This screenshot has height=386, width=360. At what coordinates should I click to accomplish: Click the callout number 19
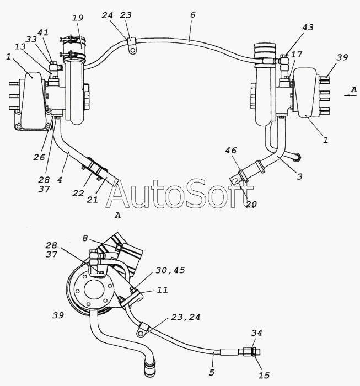pyautogui.click(x=78, y=18)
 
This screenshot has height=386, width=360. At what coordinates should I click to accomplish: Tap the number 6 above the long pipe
pyautogui.click(x=192, y=15)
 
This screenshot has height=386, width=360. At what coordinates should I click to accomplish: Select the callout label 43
pyautogui.click(x=308, y=27)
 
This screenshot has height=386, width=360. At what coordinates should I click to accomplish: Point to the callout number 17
pyautogui.click(x=297, y=54)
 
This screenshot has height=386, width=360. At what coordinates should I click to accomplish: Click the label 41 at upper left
pyautogui.click(x=43, y=33)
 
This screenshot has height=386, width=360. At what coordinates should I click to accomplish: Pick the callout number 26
pyautogui.click(x=39, y=157)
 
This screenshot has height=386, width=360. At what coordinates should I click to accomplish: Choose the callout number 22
pyautogui.click(x=78, y=193)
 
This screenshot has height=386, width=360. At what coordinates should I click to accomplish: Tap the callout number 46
pyautogui.click(x=231, y=150)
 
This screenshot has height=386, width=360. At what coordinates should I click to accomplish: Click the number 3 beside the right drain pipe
pyautogui.click(x=299, y=176)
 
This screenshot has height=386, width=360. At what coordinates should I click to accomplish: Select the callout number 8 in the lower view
pyautogui.click(x=85, y=238)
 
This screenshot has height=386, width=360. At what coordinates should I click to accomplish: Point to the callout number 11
pyautogui.click(x=163, y=289)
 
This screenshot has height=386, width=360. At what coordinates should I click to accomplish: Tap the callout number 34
pyautogui.click(x=257, y=333)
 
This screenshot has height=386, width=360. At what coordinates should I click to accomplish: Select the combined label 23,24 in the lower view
pyautogui.click(x=186, y=317)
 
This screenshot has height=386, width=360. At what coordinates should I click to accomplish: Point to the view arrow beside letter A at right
pyautogui.click(x=351, y=95)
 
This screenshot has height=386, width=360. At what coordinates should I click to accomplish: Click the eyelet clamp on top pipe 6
pyautogui.click(x=132, y=46)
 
